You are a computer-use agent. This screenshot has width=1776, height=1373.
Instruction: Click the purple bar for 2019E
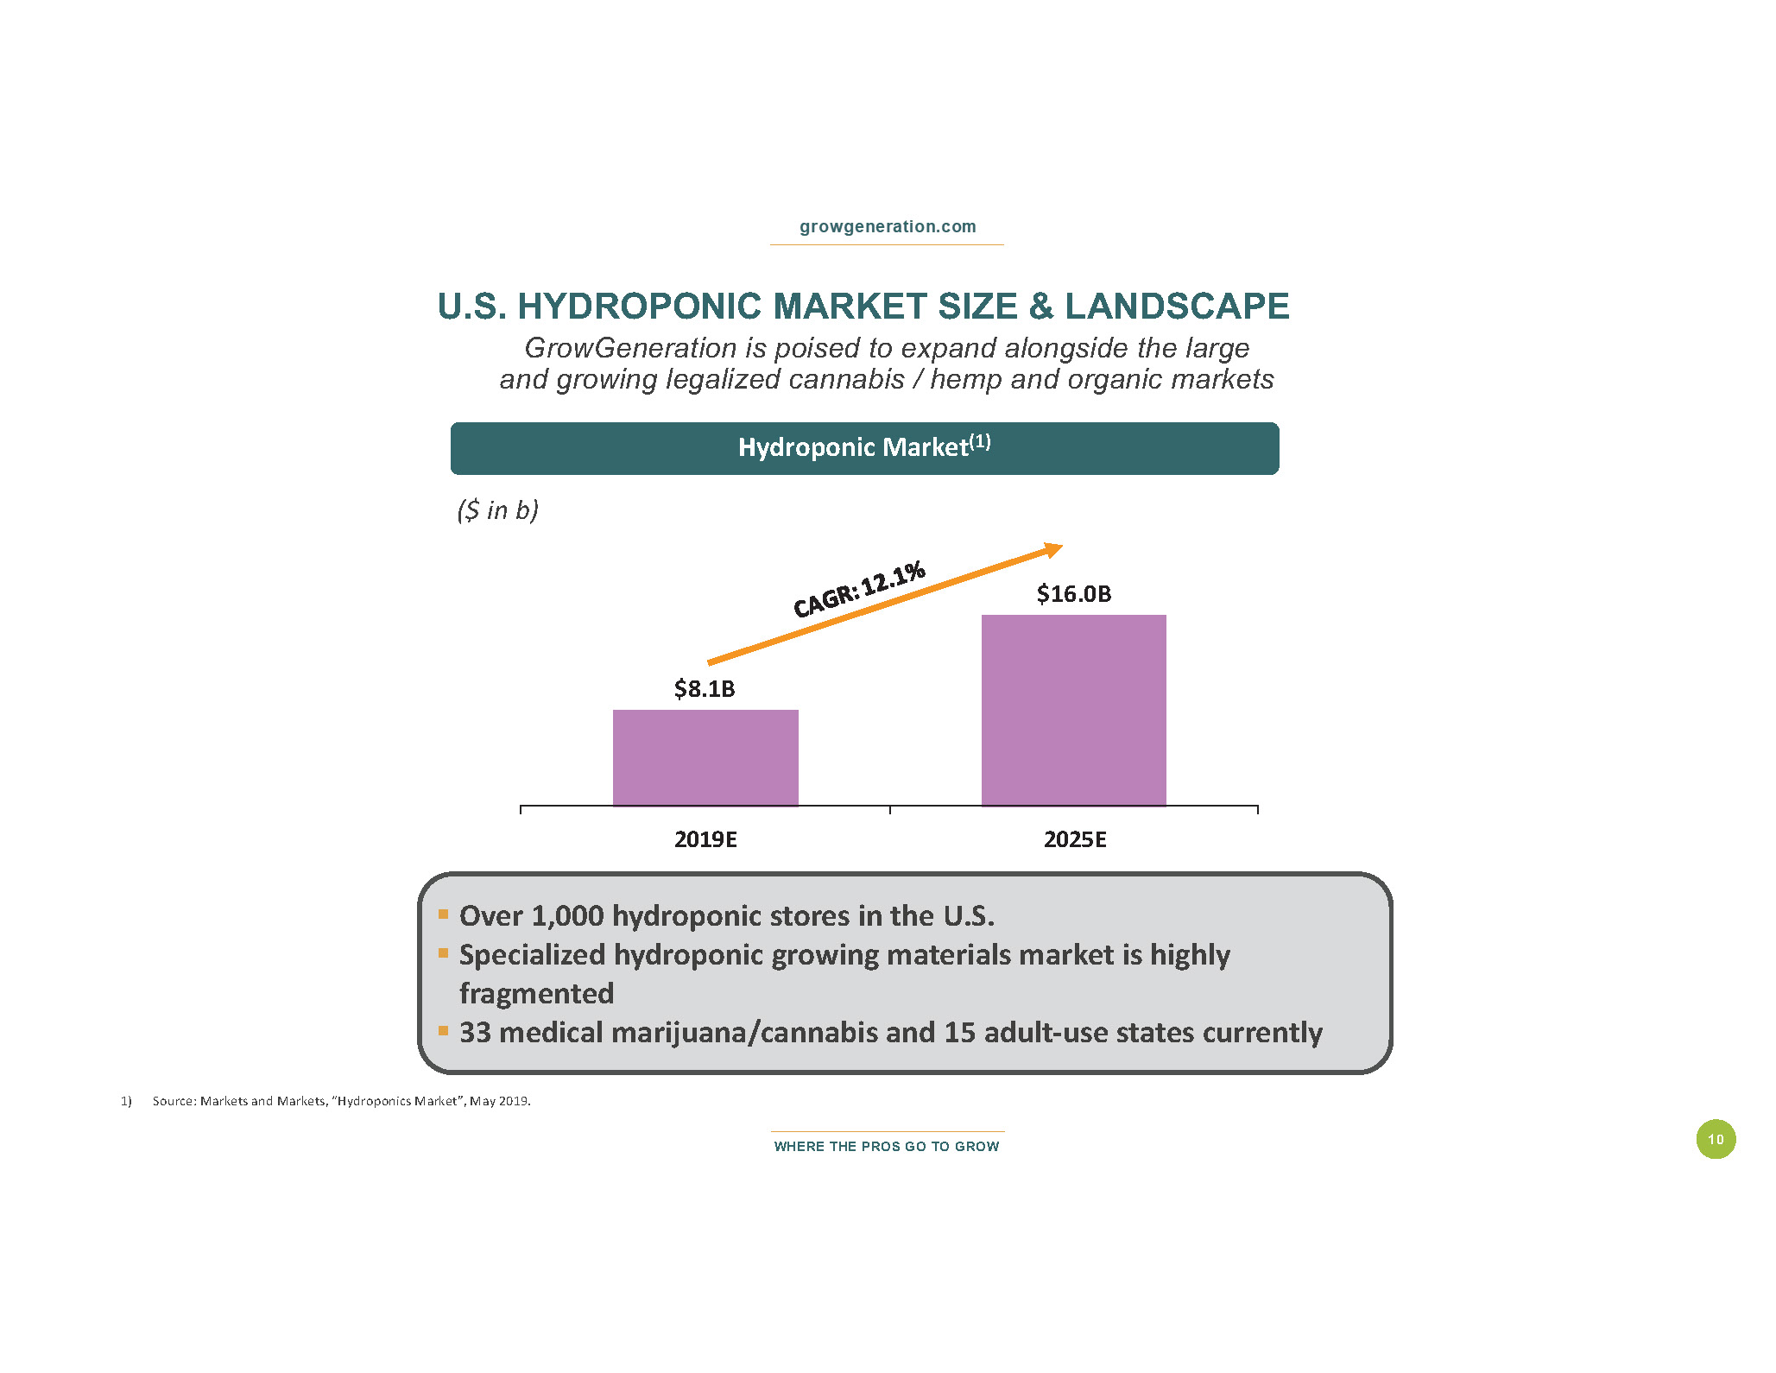705,757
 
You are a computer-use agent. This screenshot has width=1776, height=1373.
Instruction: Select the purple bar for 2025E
1073,710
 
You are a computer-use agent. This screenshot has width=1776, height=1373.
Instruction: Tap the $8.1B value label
705,689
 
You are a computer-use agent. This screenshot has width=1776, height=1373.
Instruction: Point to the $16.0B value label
1074,594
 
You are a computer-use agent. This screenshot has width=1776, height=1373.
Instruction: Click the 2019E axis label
705,839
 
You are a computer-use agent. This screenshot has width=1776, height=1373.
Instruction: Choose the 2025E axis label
1075,839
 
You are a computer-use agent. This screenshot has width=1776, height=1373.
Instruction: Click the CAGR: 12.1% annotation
859,589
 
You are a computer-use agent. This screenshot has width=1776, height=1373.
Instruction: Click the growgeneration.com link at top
888,226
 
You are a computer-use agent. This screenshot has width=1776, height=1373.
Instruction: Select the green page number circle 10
1716,1139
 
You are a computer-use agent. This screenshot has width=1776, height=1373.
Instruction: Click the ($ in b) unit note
497,510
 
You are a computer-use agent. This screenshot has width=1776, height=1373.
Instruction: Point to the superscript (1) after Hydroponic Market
980,442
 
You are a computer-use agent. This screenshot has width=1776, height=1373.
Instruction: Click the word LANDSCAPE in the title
1177,307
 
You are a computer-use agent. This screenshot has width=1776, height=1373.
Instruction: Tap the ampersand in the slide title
1041,307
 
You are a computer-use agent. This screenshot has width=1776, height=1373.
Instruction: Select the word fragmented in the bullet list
536,993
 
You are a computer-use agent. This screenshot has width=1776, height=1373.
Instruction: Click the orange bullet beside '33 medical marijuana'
443,1030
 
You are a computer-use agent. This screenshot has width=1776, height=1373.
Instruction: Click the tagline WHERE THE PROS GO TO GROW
887,1147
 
